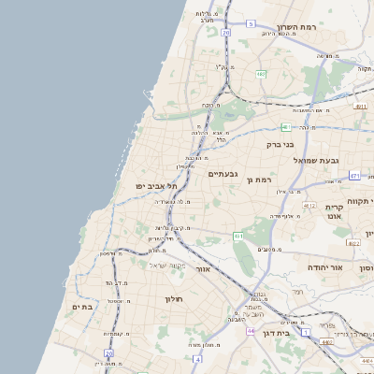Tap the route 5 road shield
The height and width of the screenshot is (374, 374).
pos(251,23)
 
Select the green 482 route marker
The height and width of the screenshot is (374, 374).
pos(262,74)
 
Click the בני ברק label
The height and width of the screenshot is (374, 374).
pos(280,145)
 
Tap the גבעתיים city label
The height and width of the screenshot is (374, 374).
pos(224,174)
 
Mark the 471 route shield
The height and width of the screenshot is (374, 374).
pos(354,175)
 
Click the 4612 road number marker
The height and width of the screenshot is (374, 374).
pos(309,205)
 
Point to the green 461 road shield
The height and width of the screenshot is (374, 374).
pos(238,237)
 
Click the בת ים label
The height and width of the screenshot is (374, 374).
pos(81,306)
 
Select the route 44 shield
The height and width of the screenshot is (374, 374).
pos(251,331)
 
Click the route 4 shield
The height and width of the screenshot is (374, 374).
pos(196,358)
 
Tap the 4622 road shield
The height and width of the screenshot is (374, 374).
pos(353,243)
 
